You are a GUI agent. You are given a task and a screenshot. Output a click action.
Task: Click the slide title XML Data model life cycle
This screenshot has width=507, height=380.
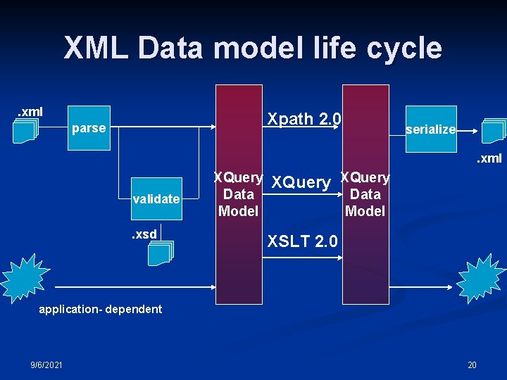pos(253,49)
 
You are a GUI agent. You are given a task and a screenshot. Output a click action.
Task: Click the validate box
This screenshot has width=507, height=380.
pos(156,198)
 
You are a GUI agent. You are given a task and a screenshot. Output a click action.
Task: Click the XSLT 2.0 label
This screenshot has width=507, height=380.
pos(303,241)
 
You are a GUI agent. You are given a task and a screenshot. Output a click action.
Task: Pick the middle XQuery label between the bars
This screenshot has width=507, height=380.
pos(301,183)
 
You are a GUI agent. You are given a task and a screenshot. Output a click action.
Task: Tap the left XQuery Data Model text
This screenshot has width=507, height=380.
pos(239,194)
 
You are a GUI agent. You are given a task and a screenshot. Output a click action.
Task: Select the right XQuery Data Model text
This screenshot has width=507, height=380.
pos(365,194)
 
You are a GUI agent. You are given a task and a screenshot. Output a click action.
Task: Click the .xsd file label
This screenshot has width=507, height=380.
pos(144,234)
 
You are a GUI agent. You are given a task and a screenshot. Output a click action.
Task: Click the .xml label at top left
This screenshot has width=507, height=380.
pos(30,111)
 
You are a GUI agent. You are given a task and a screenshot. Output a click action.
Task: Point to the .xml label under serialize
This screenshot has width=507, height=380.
pos(488,158)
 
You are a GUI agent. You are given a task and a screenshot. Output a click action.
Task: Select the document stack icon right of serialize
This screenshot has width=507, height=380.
pos(493,129)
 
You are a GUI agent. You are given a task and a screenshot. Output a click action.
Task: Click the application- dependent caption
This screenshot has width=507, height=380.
pos(100,309)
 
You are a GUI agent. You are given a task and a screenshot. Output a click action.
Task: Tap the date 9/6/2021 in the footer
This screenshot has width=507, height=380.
pos(46,364)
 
